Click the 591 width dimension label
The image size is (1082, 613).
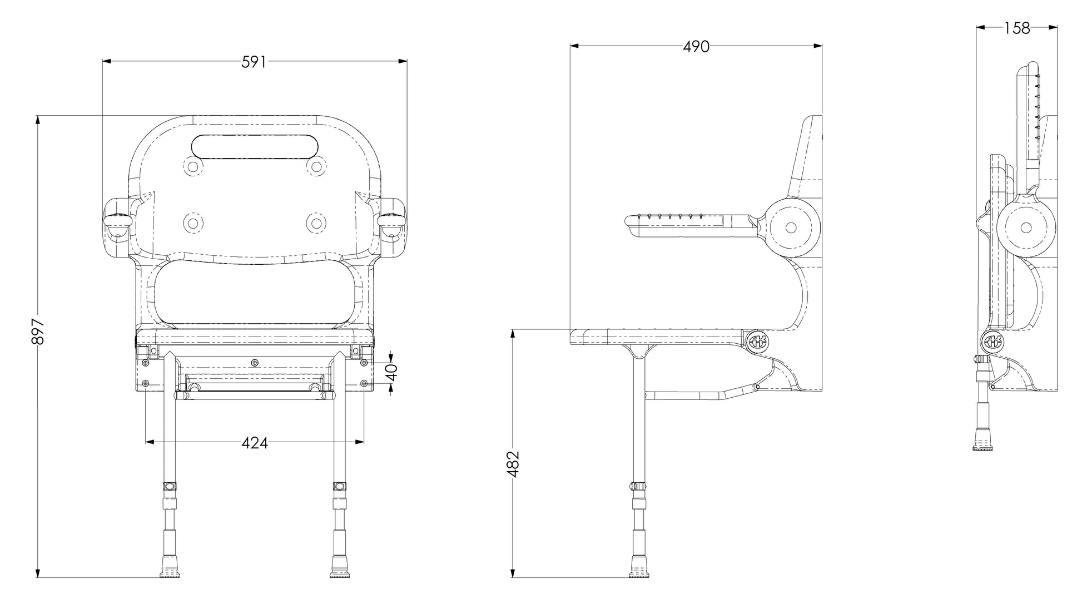(x=254, y=62)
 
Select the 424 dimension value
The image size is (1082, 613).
(x=255, y=443)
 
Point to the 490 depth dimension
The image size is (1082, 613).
(x=696, y=47)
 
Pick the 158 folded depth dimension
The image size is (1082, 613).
(x=1017, y=28)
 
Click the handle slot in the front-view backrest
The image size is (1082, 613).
(x=255, y=146)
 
